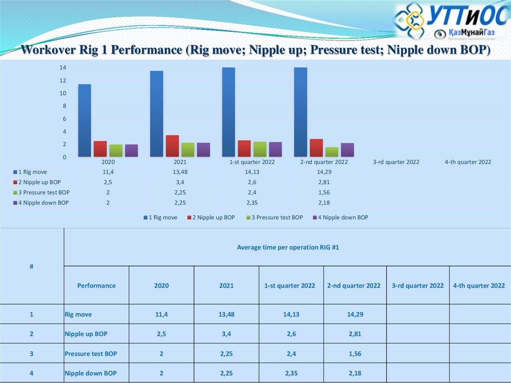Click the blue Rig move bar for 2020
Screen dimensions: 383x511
click(84, 120)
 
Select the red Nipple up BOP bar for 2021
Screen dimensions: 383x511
click(172, 146)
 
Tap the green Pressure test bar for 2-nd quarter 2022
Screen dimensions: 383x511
click(332, 152)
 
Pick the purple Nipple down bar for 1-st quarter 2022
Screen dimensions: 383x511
click(275, 150)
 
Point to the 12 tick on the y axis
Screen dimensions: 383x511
click(63, 80)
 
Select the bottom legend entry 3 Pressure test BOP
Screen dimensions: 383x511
click(274, 218)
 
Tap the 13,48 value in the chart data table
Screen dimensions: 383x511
click(180, 172)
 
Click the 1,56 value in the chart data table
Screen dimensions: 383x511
click(324, 193)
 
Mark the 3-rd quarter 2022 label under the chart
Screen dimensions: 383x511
click(396, 162)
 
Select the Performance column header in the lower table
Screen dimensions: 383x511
click(96, 286)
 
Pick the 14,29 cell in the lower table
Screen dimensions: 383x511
click(355, 315)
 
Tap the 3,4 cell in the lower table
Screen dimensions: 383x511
click(226, 334)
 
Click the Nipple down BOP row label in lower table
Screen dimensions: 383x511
click(90, 373)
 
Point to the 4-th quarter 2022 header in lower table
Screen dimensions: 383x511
click(479, 286)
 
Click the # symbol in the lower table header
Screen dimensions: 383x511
click(31, 267)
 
